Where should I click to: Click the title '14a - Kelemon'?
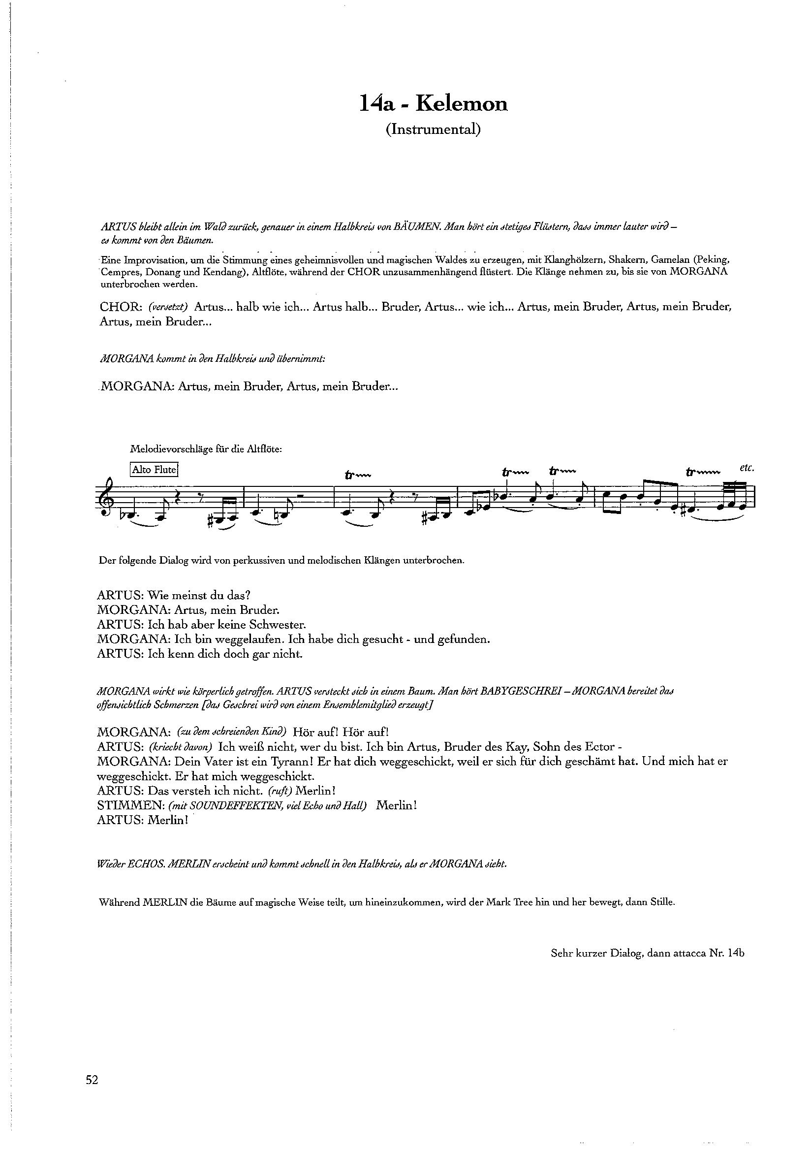[434, 103]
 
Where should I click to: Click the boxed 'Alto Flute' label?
[154, 470]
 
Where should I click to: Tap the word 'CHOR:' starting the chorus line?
[118, 307]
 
